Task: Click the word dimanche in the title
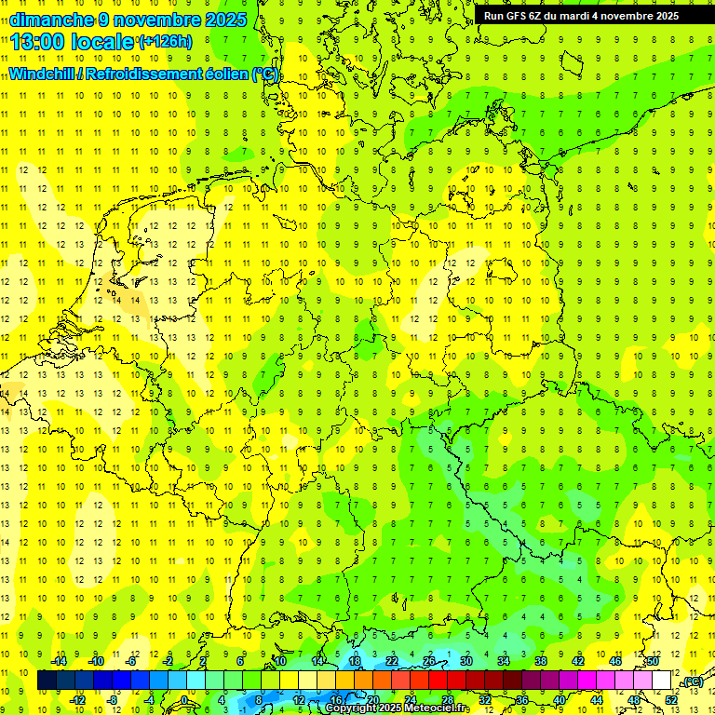coord(51,20)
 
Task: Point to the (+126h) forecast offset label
coord(165,42)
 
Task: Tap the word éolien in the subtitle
coord(226,74)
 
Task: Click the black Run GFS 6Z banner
coord(581,16)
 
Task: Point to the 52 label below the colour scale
coord(671,700)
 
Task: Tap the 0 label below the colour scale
coord(184,700)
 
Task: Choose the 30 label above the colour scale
coord(465,661)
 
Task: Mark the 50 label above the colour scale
coord(653,661)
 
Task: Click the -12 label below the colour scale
coord(77,700)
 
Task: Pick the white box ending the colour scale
coord(662,681)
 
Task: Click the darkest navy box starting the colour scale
coord(47,681)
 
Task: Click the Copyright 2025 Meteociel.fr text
coord(397,708)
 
